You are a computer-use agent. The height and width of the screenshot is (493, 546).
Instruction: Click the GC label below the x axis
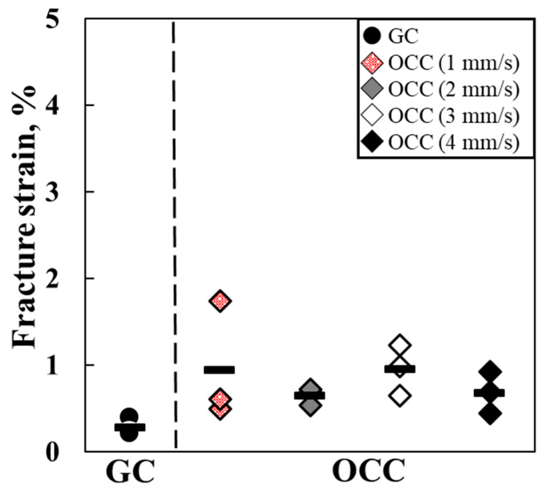tap(130, 473)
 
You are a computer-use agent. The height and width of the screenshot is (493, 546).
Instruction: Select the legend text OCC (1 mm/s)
tap(454, 63)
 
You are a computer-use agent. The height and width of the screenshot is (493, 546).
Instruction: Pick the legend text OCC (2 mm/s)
tap(454, 90)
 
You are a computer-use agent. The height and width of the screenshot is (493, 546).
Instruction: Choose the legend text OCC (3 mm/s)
tap(454, 116)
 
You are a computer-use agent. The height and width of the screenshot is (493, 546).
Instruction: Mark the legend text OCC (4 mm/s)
tap(454, 142)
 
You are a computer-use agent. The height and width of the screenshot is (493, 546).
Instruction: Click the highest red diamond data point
tap(220, 301)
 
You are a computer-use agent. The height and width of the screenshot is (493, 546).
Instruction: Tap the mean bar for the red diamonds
tap(219, 370)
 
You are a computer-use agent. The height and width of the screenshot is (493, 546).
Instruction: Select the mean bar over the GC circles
tap(130, 427)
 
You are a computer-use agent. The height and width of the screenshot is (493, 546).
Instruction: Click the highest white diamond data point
tap(399, 344)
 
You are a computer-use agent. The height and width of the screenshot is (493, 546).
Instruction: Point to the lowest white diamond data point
tap(399, 396)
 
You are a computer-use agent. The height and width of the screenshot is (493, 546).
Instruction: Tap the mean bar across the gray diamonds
tap(310, 396)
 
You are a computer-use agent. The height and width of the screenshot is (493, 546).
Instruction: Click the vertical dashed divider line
tap(175, 239)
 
